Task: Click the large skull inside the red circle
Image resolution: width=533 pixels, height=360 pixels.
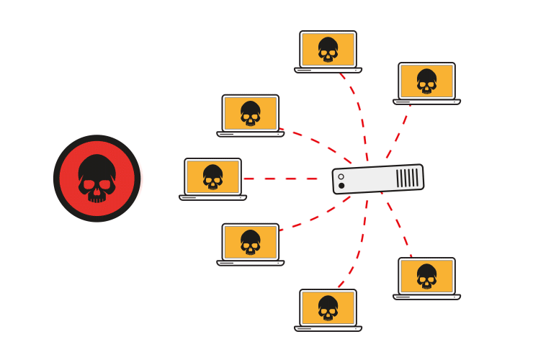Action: (97, 176)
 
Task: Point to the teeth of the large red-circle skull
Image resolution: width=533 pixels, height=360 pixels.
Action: (97, 195)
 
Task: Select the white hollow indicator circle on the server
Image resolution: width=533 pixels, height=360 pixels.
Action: (341, 176)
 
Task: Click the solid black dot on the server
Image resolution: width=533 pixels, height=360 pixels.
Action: (341, 186)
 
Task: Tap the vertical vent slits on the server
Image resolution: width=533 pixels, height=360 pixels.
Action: (407, 177)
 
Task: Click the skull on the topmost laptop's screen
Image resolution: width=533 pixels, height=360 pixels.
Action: (328, 49)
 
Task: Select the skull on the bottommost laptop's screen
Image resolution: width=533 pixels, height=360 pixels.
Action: (328, 307)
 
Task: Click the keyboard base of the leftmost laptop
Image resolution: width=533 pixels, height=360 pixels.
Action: (212, 197)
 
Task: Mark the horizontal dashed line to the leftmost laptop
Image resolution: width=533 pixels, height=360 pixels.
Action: (281, 178)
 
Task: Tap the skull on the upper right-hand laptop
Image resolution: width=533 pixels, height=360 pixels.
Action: (426, 81)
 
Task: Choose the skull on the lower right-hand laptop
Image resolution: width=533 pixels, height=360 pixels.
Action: (426, 276)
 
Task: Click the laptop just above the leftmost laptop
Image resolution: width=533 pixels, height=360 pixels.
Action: (250, 115)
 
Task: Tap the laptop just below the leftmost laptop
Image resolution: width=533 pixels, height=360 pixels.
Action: (250, 244)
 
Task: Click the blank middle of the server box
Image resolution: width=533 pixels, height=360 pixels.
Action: (371, 179)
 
